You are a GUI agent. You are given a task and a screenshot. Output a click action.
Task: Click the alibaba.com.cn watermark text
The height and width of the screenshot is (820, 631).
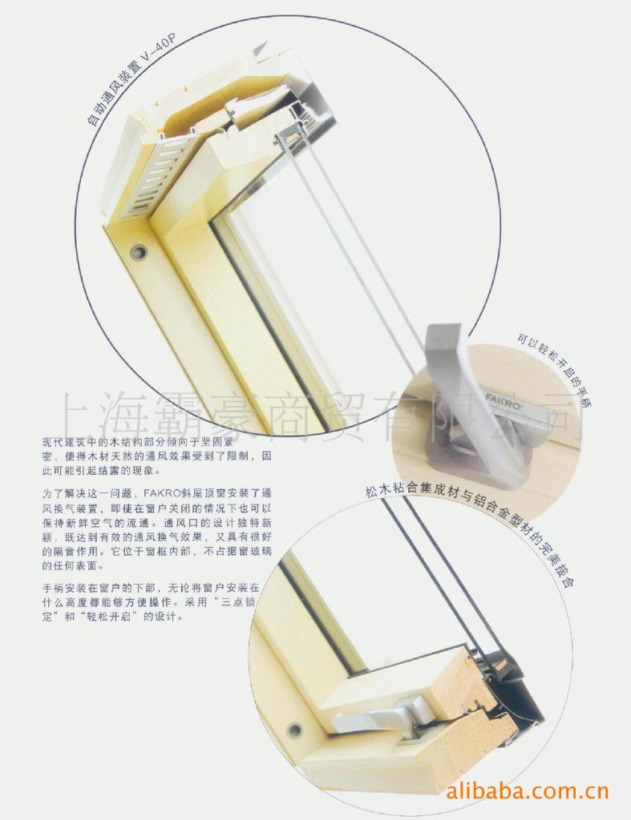click(x=527, y=790)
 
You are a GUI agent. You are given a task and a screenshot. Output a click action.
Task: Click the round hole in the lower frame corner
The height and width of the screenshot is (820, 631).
click(x=295, y=729)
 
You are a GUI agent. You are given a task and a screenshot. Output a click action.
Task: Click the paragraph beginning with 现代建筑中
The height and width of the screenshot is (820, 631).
click(x=156, y=456)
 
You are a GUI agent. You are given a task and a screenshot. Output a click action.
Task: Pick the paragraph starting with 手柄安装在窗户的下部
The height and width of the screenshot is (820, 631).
click(x=150, y=602)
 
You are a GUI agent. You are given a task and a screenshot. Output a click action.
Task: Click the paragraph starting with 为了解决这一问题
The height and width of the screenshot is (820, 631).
click(x=156, y=529)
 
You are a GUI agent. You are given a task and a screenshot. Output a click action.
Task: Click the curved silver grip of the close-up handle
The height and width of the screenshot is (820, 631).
click(x=461, y=387)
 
